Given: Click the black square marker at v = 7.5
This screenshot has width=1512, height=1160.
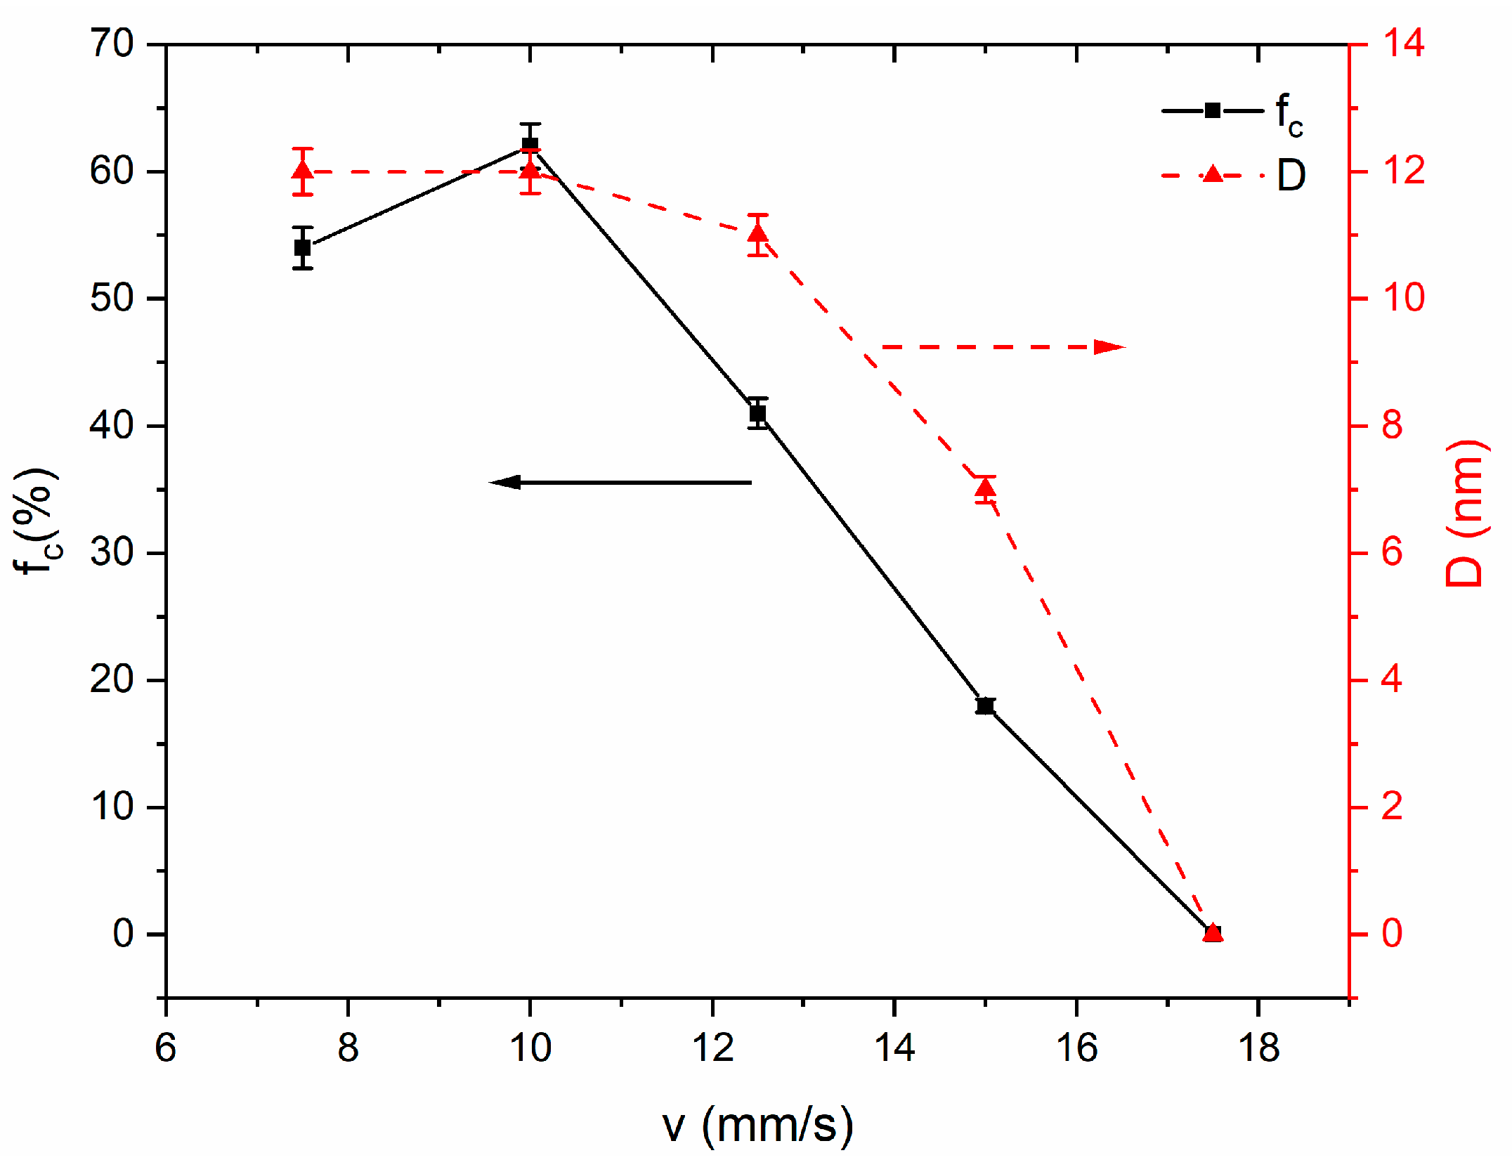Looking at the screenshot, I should point(303,248).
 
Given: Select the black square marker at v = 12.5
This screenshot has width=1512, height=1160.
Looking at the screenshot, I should point(757,414).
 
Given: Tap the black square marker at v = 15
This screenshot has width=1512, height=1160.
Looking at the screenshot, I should point(985,706).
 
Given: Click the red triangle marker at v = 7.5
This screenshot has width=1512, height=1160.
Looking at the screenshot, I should point(303,171).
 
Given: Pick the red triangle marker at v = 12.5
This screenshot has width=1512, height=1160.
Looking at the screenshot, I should point(757,233).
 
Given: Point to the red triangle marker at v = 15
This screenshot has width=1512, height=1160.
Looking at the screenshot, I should point(985,487).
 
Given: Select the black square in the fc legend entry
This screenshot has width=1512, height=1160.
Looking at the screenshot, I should point(1212,110).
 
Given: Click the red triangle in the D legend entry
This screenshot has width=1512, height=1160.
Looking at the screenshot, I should point(1213,174).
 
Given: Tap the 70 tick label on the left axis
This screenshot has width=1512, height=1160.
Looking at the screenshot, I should point(112,44).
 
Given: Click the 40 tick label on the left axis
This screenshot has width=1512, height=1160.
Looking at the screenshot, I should point(112,426).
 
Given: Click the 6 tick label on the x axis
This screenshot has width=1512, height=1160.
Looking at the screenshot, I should point(166,1048).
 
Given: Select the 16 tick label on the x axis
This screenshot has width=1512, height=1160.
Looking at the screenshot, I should point(1076,1048).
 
